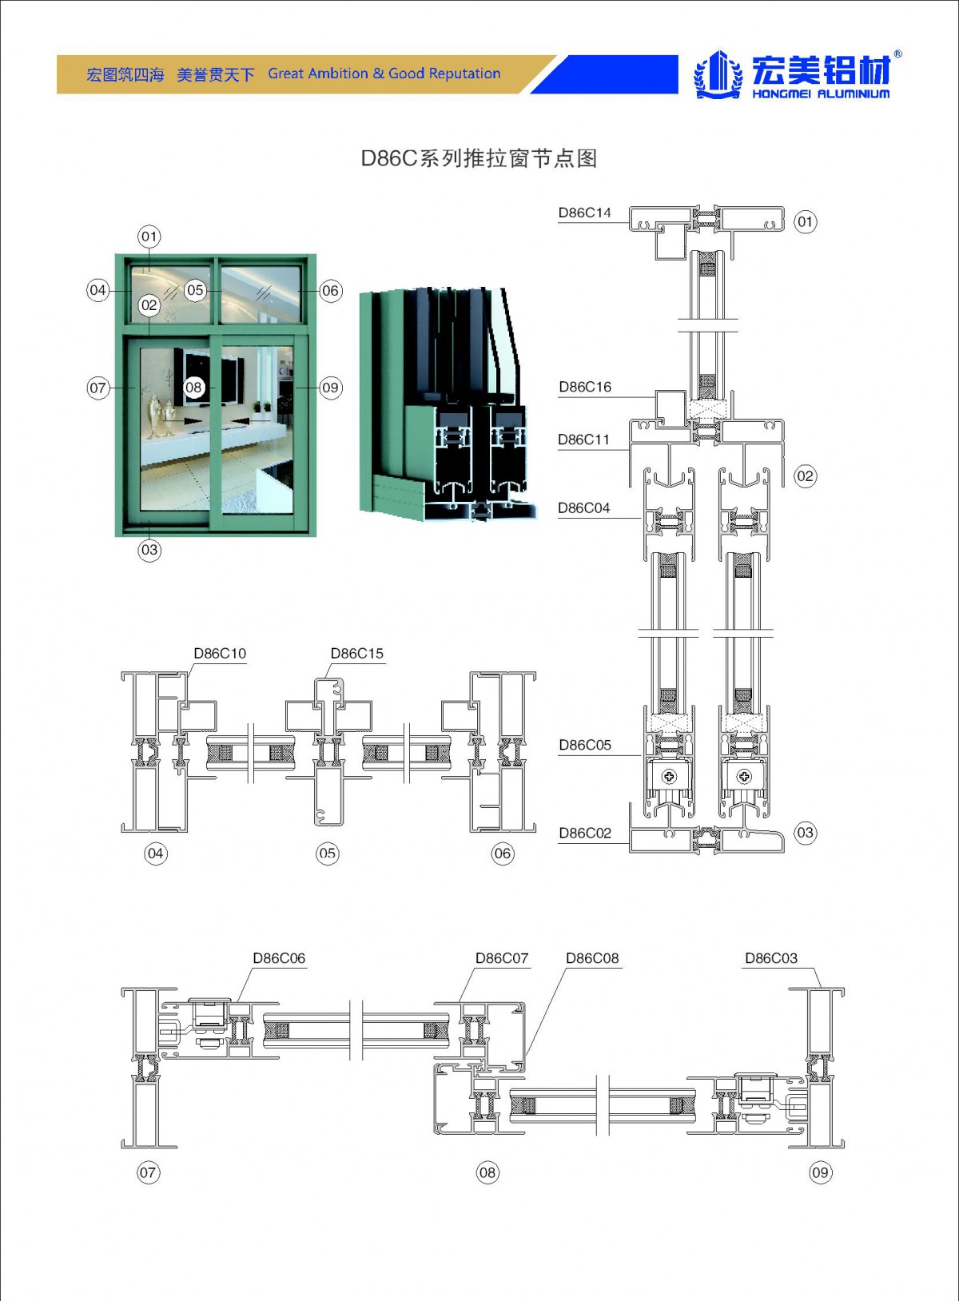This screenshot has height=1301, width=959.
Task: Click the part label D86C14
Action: (584, 213)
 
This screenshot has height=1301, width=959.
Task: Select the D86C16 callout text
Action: (585, 387)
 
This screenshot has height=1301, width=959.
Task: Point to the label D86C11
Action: (583, 440)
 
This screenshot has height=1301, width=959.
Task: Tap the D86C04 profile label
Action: (583, 508)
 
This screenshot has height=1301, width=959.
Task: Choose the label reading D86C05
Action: (585, 745)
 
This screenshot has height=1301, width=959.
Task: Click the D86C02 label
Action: (585, 833)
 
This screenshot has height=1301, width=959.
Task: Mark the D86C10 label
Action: (220, 654)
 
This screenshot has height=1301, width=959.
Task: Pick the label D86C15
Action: (356, 654)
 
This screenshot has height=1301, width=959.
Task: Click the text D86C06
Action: (279, 958)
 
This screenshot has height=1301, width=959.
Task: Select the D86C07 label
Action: (502, 958)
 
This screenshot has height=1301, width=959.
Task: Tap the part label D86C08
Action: (592, 958)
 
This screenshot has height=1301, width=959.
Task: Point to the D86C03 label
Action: (771, 958)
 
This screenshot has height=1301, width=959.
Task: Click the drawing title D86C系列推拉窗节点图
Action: (479, 158)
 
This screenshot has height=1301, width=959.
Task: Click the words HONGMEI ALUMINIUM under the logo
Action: (820, 93)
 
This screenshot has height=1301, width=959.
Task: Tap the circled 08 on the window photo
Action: (193, 388)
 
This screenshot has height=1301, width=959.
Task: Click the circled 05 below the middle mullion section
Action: (328, 853)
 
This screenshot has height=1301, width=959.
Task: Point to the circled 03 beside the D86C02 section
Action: (805, 833)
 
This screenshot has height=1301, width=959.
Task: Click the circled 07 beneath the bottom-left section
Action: (148, 1172)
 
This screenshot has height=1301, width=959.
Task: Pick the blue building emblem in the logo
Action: (718, 74)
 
